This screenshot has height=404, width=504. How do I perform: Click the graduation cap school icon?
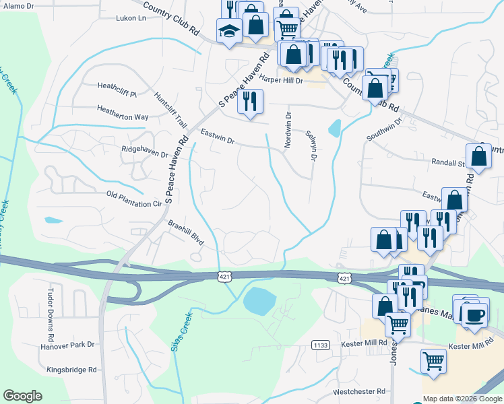[229, 31]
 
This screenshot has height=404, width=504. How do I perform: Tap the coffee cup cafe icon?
[474, 314]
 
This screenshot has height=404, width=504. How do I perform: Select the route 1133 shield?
[321, 345]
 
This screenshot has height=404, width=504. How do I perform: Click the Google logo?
[22, 396]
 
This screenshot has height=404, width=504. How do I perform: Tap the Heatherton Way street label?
[123, 116]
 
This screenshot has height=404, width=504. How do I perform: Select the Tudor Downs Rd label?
[50, 315]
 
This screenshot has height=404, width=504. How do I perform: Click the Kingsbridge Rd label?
[72, 370]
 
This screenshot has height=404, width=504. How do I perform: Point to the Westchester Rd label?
[358, 391]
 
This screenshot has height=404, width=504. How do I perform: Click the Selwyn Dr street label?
[311, 145]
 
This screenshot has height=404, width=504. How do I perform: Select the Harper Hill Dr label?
[280, 80]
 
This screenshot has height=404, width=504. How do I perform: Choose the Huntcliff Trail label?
[170, 110]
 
